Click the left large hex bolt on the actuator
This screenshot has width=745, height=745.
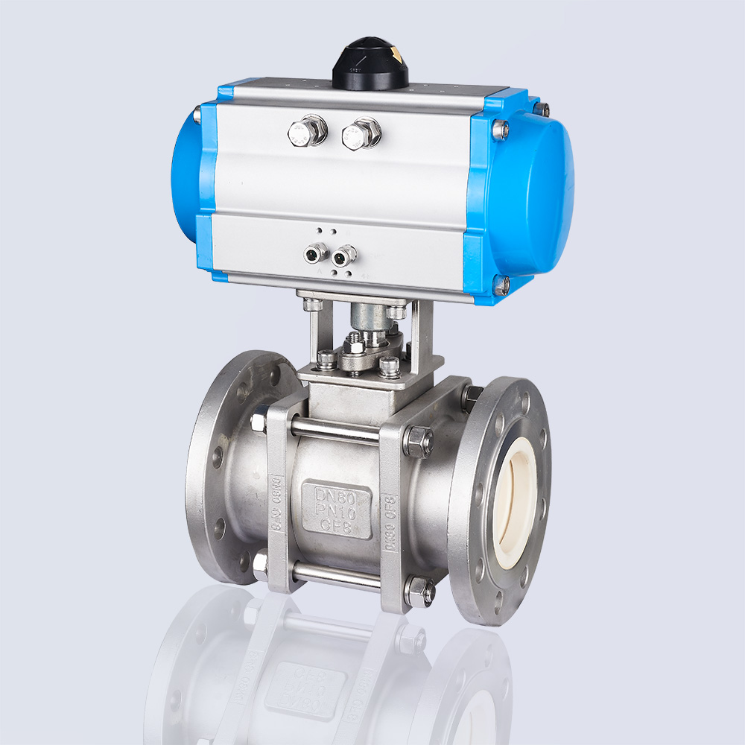point(307,133)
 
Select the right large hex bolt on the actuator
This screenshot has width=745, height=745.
point(361,134)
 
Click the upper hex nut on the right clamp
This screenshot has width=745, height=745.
point(418,441)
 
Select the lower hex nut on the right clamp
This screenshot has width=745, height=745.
point(419,591)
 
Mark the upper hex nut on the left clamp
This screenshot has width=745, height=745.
point(261,422)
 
